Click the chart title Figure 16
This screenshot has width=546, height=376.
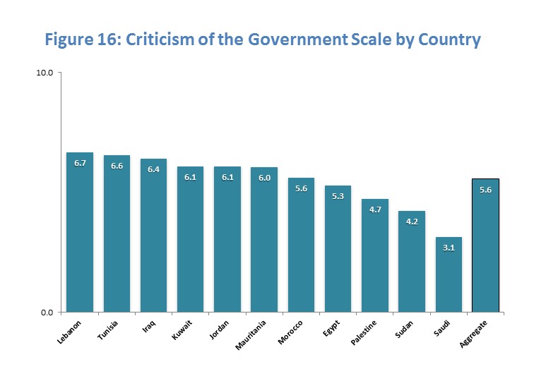pos(263,40)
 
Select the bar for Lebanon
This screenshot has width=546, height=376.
pos(80,233)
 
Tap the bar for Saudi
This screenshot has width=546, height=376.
pos(448,275)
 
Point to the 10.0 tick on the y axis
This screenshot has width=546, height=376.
pos(45,73)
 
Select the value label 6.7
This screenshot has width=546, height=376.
pos(80,163)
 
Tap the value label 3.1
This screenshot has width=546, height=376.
pos(448,248)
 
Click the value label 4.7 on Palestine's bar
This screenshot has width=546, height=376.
pos(374,210)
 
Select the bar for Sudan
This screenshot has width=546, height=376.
pos(411,262)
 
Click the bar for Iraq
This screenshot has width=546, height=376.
pos(153,236)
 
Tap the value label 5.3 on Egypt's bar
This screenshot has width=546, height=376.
pos(338,196)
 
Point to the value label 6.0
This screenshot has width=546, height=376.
pos(264,178)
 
